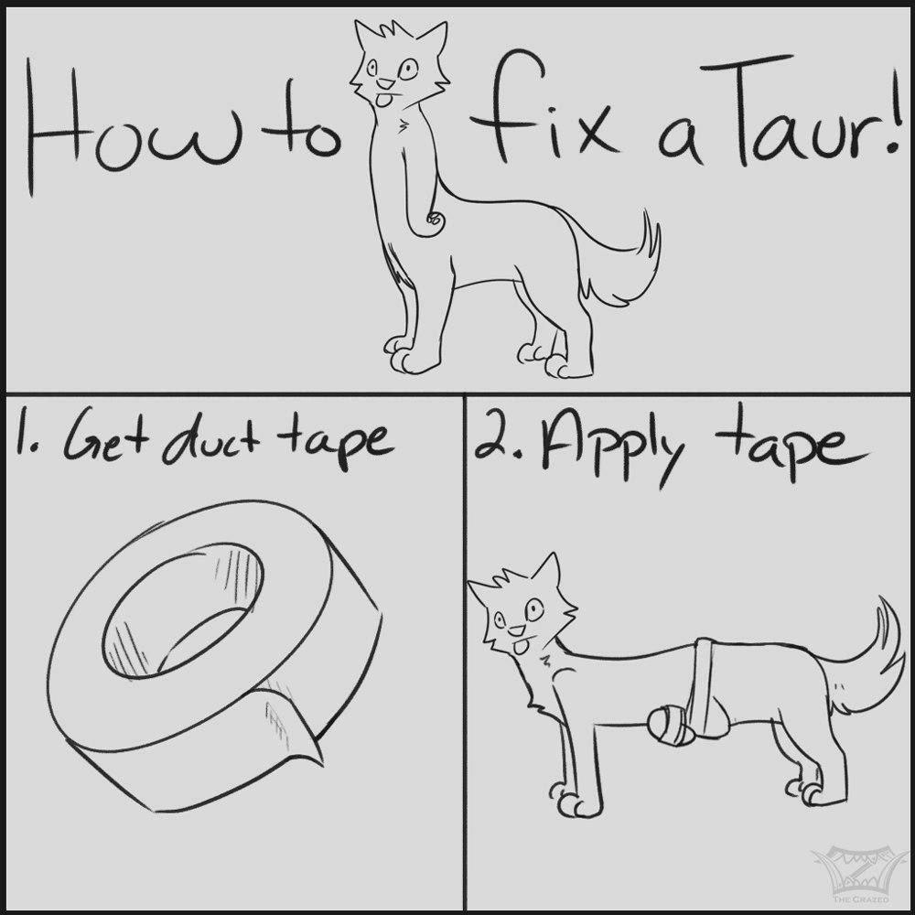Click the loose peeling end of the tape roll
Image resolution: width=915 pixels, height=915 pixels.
tap(292, 723)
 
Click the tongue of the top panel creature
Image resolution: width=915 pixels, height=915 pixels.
tap(383, 100)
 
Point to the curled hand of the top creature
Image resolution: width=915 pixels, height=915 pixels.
tap(434, 221)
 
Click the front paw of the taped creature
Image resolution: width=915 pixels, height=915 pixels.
tap(573, 802)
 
